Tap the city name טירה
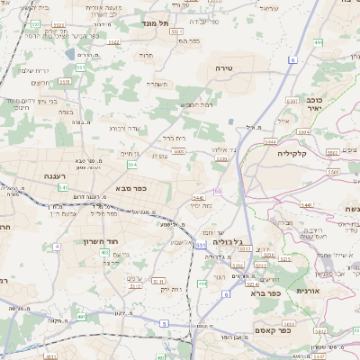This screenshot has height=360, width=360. pos(224,68)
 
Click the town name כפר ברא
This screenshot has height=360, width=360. pos(265,292)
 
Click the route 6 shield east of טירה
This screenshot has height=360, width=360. pos(292,59)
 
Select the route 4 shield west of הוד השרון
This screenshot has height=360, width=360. pos(56,245)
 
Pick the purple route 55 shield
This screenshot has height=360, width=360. pos(218,192)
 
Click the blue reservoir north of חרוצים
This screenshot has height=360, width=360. pos(70,54)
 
